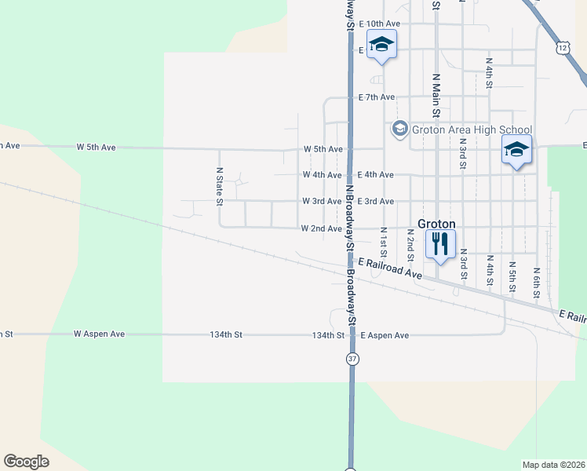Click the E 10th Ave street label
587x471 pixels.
click(x=379, y=24)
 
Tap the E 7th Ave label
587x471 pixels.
click(x=376, y=97)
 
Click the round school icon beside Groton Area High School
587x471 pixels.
click(x=399, y=129)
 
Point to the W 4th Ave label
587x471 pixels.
click(x=323, y=175)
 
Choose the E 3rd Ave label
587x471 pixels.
click(x=375, y=202)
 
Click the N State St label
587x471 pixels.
click(x=220, y=185)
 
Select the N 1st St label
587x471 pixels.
click(x=384, y=243)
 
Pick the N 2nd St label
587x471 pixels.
click(x=410, y=246)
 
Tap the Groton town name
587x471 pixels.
click(x=437, y=223)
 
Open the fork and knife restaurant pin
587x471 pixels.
click(x=440, y=244)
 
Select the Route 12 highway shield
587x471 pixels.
click(x=563, y=49)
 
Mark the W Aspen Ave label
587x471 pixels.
click(x=100, y=334)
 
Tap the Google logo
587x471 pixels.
click(x=26, y=462)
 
